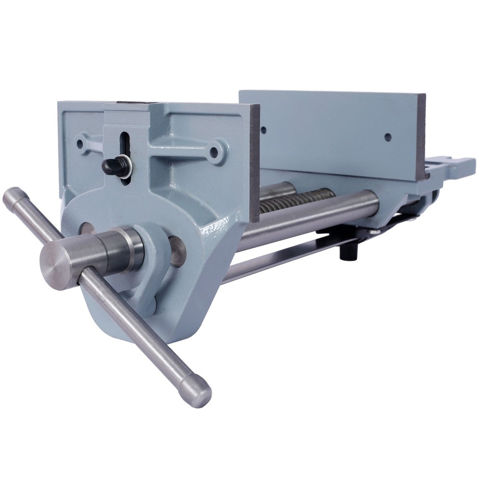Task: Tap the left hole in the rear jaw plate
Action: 264,130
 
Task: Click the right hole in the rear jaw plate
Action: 388,137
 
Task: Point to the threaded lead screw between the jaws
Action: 294,201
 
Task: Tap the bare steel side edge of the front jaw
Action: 254,164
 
